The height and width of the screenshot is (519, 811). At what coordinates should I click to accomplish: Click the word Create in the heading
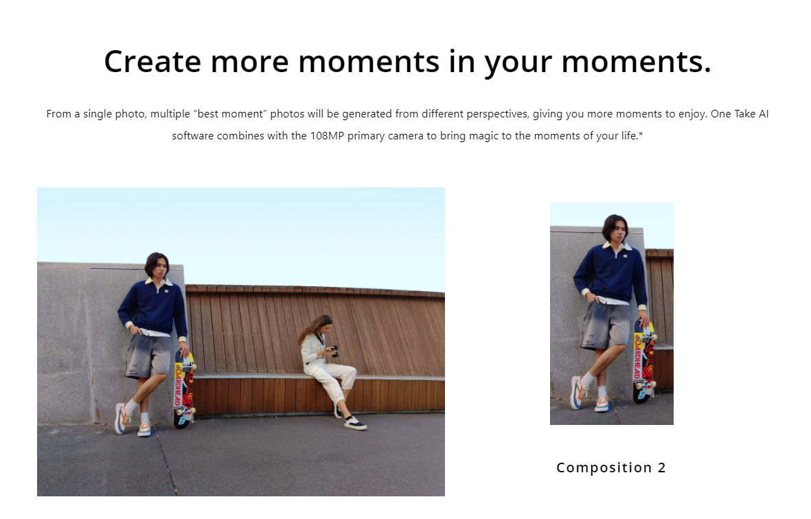152,62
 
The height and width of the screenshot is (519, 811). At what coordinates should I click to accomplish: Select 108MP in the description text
327,135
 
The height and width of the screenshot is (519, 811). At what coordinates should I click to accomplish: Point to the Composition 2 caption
611,468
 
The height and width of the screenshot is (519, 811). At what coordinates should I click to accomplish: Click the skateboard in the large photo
183,389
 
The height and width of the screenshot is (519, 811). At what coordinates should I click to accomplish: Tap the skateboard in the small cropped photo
643,361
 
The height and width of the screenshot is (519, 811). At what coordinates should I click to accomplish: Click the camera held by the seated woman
334,351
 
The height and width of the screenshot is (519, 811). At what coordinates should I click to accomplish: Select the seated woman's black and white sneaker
355,423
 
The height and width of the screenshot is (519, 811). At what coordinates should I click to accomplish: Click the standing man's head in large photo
157,265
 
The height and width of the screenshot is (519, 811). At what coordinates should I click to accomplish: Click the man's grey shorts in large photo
148,356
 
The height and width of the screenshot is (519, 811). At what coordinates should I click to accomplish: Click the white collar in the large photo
158,282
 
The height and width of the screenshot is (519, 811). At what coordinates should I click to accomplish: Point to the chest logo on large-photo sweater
167,290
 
